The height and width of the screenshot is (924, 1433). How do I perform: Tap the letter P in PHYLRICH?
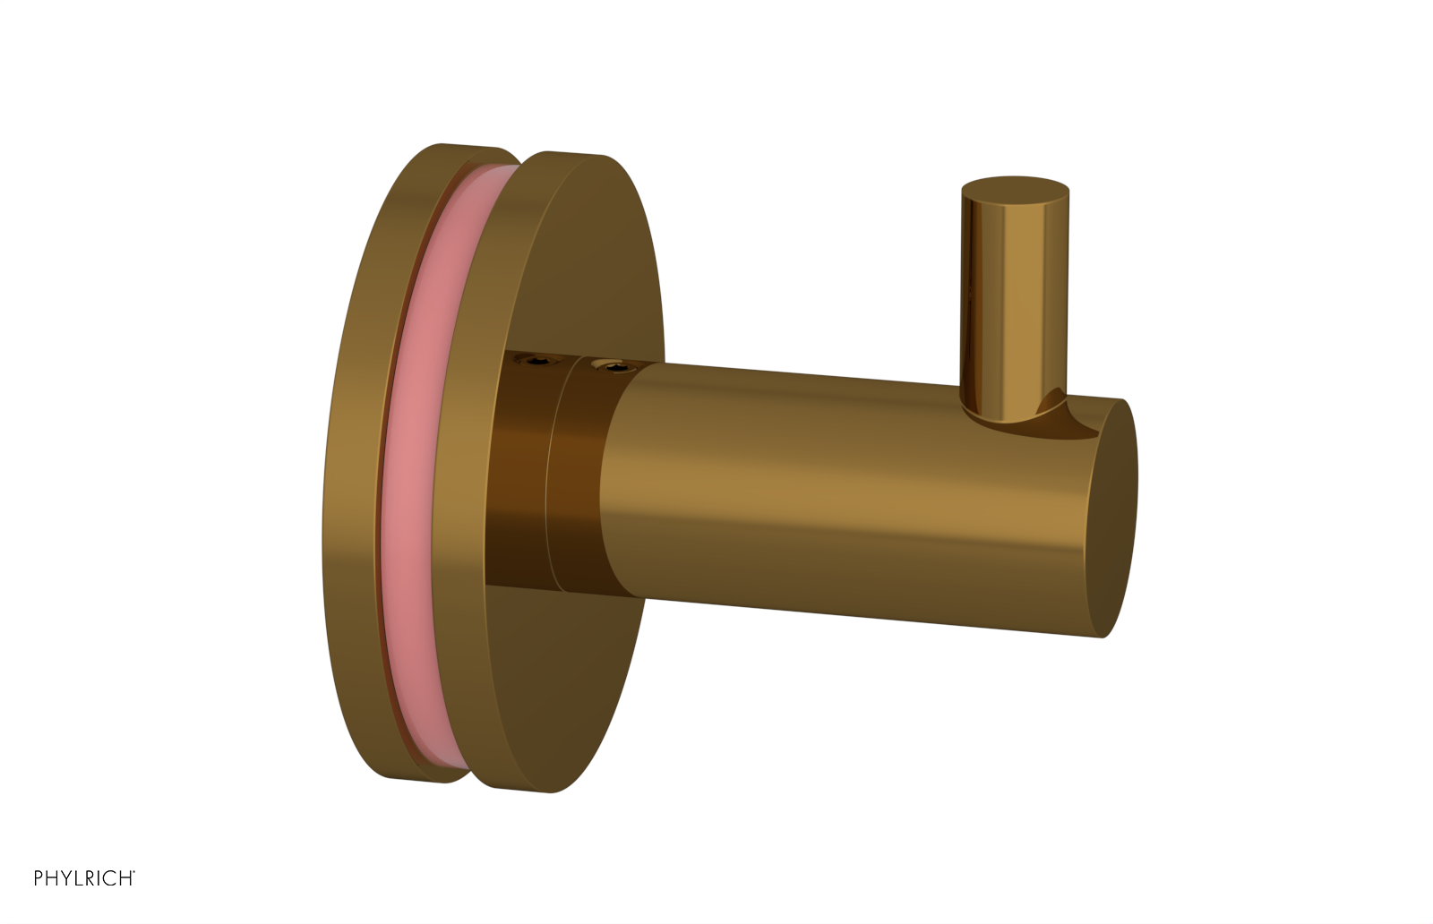coord(39,878)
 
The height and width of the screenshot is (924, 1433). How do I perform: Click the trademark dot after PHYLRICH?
coord(134,872)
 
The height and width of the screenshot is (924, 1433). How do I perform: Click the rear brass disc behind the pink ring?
coord(354,466)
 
